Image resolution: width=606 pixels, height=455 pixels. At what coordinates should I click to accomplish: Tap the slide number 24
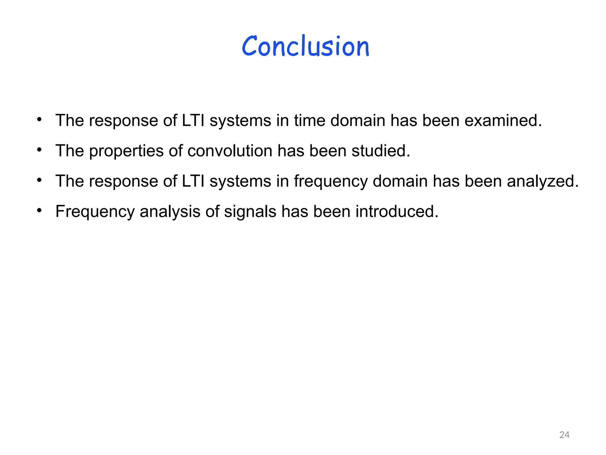[x=564, y=435]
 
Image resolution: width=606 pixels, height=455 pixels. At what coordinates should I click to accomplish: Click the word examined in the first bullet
[x=503, y=121]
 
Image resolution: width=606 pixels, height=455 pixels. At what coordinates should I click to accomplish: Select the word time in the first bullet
[x=310, y=121]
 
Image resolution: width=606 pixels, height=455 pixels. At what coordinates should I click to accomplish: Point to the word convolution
[x=230, y=151]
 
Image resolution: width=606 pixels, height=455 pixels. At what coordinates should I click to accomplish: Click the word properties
[x=126, y=151]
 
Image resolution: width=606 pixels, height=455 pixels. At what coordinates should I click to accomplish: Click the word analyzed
[x=542, y=181]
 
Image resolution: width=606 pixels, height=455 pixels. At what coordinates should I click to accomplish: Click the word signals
[x=250, y=212]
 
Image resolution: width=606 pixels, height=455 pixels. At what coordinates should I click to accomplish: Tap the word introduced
[x=397, y=212]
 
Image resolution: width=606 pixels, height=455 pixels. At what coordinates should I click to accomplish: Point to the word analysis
[x=170, y=212]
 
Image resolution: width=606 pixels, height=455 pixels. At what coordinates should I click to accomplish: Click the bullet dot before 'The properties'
[x=39, y=150]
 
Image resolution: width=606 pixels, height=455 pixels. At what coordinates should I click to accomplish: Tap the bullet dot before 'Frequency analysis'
[x=39, y=211]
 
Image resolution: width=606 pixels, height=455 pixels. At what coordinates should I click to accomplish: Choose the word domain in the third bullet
[x=400, y=181]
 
